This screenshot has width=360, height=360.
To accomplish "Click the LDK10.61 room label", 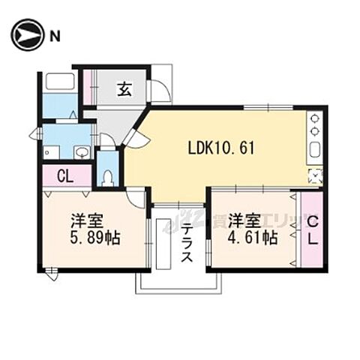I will click(x=221, y=148).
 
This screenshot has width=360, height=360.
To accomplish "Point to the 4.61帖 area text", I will click(x=252, y=238).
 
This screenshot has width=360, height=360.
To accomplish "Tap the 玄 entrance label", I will click(x=124, y=90).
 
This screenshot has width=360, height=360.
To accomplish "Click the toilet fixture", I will click(x=107, y=175).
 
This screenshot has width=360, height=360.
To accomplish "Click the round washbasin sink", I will click(x=81, y=152).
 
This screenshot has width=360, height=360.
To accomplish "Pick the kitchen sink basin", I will click(x=315, y=148).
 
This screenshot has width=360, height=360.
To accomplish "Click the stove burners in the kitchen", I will click(x=315, y=123).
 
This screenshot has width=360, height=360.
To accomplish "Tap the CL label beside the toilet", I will click(x=64, y=177).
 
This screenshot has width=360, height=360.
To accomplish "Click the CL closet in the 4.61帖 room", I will click(x=311, y=230).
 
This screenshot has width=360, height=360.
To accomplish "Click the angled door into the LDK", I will click(x=135, y=135).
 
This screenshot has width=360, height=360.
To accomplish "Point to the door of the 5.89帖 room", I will click(x=136, y=197).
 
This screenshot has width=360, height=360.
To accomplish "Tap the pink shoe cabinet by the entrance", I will click(x=86, y=87).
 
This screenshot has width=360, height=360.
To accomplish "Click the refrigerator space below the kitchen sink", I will click(x=315, y=175).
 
